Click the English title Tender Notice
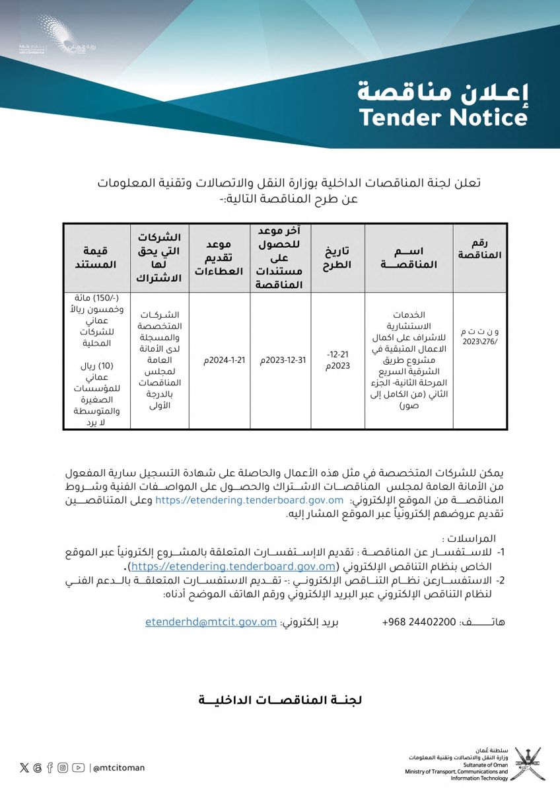click(x=443, y=117)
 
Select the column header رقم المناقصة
click(x=479, y=249)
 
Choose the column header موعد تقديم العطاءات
click(x=219, y=258)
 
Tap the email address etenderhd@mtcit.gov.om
click(x=211, y=622)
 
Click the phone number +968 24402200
click(x=419, y=623)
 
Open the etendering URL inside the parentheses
click(x=234, y=566)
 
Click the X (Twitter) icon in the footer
click(x=24, y=767)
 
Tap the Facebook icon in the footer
click(x=50, y=767)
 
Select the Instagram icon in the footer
click(x=63, y=767)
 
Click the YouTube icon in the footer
click(x=79, y=767)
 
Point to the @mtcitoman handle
click(x=119, y=768)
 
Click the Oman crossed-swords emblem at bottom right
click(x=527, y=764)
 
